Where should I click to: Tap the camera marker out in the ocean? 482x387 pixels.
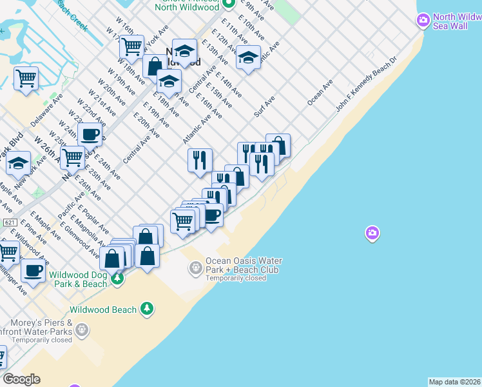click(372, 233)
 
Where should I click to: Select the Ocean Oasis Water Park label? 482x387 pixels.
click(244, 266)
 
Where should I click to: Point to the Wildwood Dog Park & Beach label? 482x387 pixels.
click(82, 279)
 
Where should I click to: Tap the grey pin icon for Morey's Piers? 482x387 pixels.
click(82, 331)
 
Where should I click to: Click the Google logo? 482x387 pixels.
click(21, 379)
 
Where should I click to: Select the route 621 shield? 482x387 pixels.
click(9, 223)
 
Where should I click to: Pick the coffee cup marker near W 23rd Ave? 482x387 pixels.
click(90, 135)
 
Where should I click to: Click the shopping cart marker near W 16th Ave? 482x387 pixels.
click(131, 46)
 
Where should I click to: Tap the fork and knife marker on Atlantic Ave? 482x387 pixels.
click(200, 159)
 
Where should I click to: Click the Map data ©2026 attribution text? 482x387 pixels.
click(455, 382)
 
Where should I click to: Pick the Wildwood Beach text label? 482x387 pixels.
click(104, 310)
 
